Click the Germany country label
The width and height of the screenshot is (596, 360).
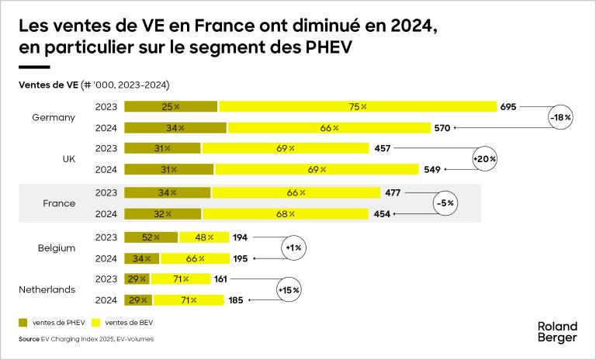(54, 117)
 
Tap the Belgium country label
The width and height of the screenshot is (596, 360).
(56, 247)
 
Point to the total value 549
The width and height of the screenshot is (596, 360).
(432, 168)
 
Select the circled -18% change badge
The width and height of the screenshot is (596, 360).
(560, 117)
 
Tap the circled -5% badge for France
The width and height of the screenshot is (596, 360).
(445, 203)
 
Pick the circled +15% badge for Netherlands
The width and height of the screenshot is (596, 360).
(289, 289)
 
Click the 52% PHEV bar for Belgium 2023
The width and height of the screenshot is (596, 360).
(151, 237)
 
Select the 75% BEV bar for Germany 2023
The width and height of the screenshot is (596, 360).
(357, 106)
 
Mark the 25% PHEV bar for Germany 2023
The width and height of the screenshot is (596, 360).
(171, 106)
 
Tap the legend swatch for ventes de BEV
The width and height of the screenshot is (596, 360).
(98, 321)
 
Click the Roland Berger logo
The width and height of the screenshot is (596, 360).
(557, 332)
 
